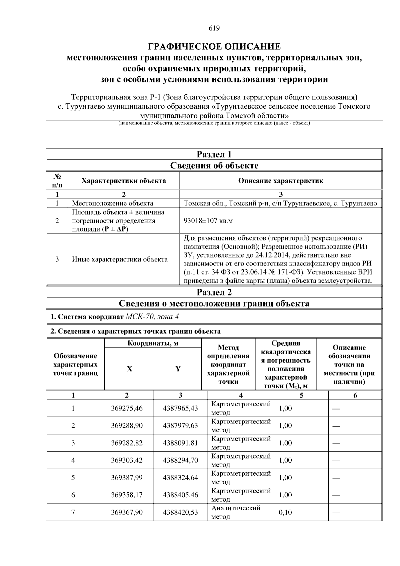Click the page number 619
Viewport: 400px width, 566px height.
(x=214, y=28)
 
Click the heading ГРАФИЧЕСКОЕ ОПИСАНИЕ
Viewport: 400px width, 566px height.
(x=214, y=46)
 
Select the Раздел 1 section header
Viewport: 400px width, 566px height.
(x=214, y=154)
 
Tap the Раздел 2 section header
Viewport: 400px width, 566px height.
(x=214, y=292)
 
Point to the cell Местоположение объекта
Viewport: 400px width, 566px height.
(x=113, y=203)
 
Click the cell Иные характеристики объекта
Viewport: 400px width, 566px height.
(x=120, y=259)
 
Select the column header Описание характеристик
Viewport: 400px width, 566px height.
(x=281, y=181)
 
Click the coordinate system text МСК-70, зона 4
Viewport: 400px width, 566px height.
(x=152, y=317)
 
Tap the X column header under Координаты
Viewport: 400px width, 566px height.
(x=129, y=369)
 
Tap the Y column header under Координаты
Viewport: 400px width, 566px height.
(x=178, y=369)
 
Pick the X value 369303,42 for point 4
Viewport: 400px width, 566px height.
(x=127, y=460)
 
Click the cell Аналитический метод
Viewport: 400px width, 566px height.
(x=236, y=512)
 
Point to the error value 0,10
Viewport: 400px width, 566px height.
(x=285, y=512)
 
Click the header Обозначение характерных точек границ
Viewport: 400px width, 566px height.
(x=76, y=365)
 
